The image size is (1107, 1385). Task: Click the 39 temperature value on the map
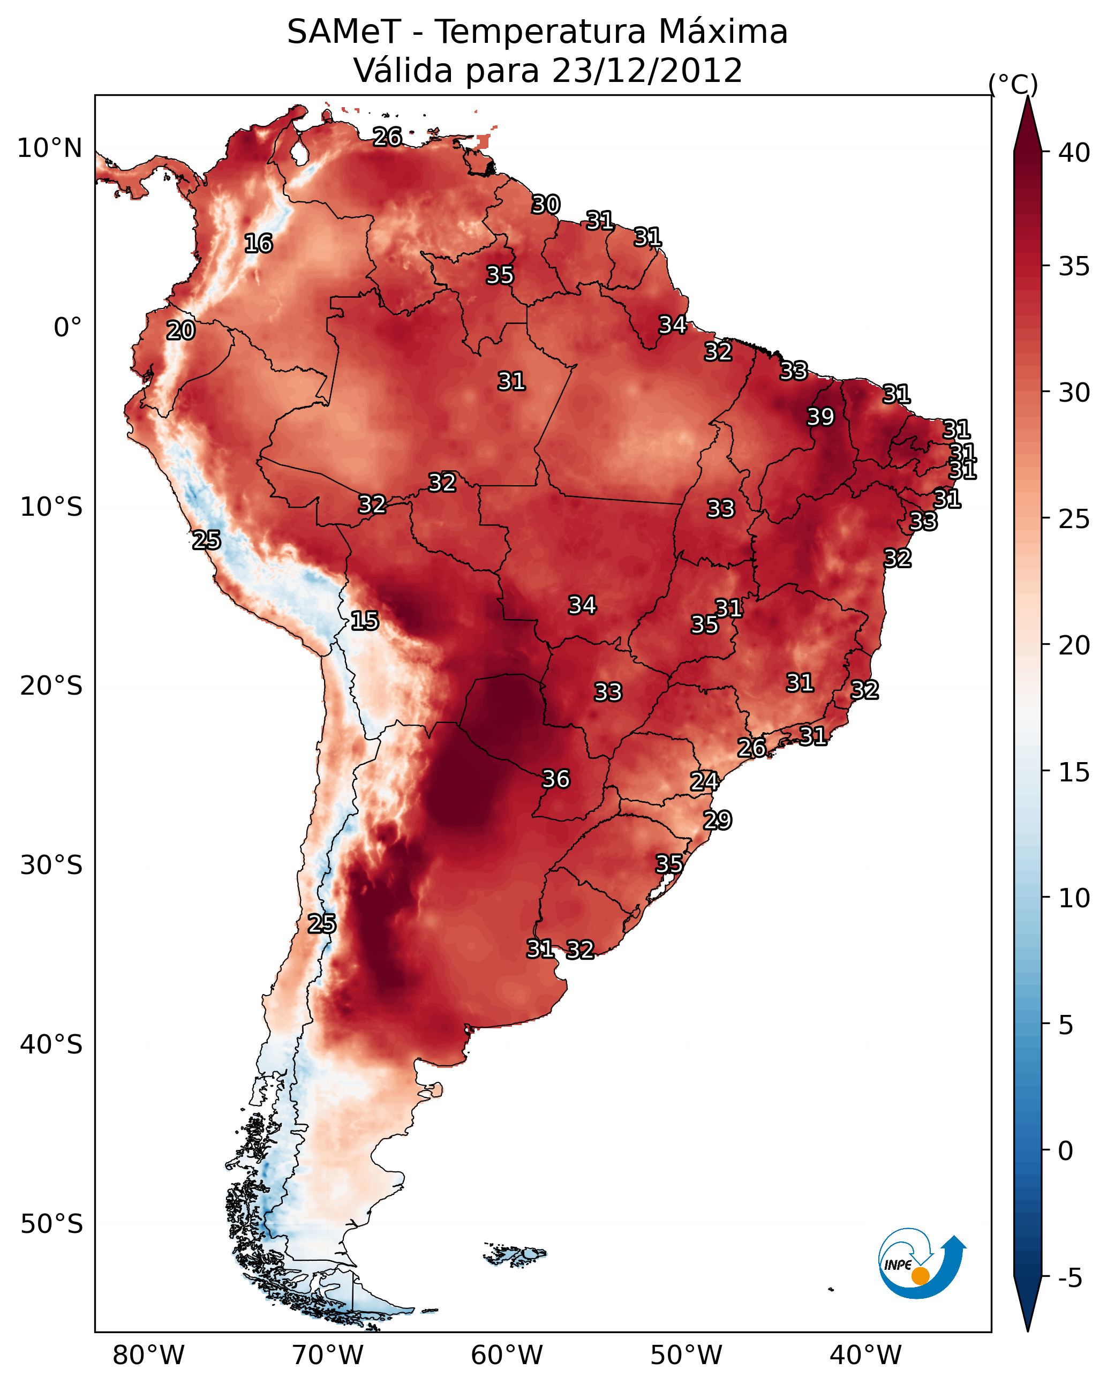click(820, 417)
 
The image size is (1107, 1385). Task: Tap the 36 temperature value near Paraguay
click(556, 779)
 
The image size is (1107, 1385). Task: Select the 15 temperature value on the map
click(364, 621)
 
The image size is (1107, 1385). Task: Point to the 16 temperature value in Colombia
click(258, 244)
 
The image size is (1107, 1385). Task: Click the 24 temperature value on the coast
click(704, 781)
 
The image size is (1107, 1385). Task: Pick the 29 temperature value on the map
click(717, 821)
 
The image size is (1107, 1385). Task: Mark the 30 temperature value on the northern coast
click(546, 205)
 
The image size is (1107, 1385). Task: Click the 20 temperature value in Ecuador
click(180, 331)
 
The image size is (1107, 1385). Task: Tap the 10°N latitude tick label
click(49, 148)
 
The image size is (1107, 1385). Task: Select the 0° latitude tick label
click(67, 328)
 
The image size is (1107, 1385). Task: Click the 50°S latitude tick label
click(51, 1224)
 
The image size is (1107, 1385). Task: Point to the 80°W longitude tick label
click(148, 1355)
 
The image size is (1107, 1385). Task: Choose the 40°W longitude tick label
click(865, 1355)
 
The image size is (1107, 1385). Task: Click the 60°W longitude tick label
click(507, 1355)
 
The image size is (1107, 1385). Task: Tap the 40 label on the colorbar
click(1074, 153)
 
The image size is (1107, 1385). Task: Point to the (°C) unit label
click(1013, 84)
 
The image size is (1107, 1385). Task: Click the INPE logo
click(921, 1263)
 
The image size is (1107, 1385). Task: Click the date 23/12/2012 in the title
click(647, 71)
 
